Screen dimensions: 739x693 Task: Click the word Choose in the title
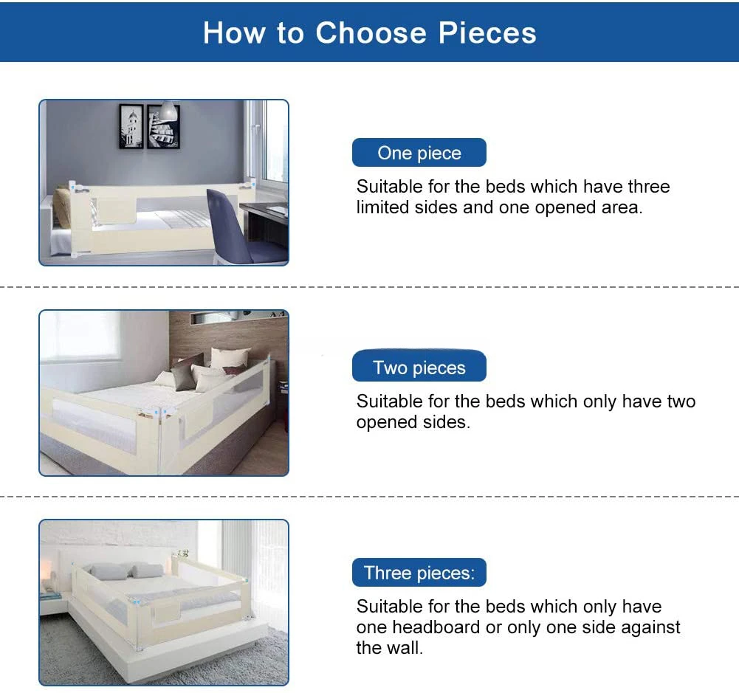click(371, 33)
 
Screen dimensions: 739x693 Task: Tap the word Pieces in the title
click(487, 33)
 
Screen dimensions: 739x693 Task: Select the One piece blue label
click(419, 152)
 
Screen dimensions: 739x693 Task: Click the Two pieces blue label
click(419, 366)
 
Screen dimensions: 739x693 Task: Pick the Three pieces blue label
click(419, 573)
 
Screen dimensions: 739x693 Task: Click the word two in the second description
click(681, 401)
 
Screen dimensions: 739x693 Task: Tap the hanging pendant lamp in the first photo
click(168, 111)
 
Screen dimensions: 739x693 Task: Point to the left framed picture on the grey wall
click(131, 126)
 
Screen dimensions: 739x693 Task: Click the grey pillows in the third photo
click(126, 570)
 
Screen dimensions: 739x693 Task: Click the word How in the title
click(234, 33)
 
